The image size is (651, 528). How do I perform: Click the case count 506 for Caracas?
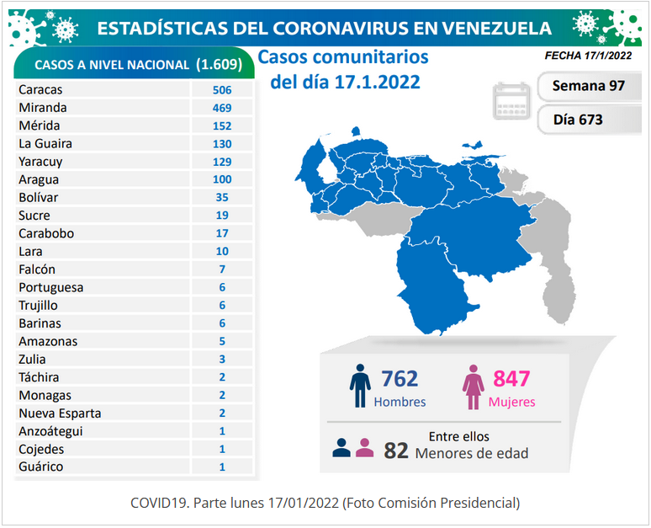[x=222, y=90]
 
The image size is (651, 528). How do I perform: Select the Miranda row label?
[x=43, y=108]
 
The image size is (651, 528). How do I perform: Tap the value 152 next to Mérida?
[x=222, y=125]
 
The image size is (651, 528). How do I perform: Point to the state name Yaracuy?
[x=40, y=162]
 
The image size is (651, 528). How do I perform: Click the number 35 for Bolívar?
[x=222, y=197]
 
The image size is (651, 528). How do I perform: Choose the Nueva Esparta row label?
[x=60, y=413]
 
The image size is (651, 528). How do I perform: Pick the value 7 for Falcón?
[x=222, y=269]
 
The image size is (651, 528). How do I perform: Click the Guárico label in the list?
[x=40, y=467]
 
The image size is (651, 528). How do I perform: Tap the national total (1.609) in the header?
[x=220, y=65]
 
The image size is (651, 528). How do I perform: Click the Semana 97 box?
[x=589, y=86]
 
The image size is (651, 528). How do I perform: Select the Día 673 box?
[x=589, y=120]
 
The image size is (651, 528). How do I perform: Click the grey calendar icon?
[x=512, y=101]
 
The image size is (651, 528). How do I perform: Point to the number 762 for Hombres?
[x=400, y=379]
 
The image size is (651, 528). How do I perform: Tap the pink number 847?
[x=511, y=379]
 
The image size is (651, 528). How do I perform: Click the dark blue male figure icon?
[x=360, y=387]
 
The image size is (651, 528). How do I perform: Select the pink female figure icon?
[x=474, y=387]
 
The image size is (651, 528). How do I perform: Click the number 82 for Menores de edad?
[x=396, y=451]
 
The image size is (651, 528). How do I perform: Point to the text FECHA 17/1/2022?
[x=588, y=56]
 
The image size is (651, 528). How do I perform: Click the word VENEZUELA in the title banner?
[x=496, y=29]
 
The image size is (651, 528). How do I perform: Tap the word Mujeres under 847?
[x=512, y=402]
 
